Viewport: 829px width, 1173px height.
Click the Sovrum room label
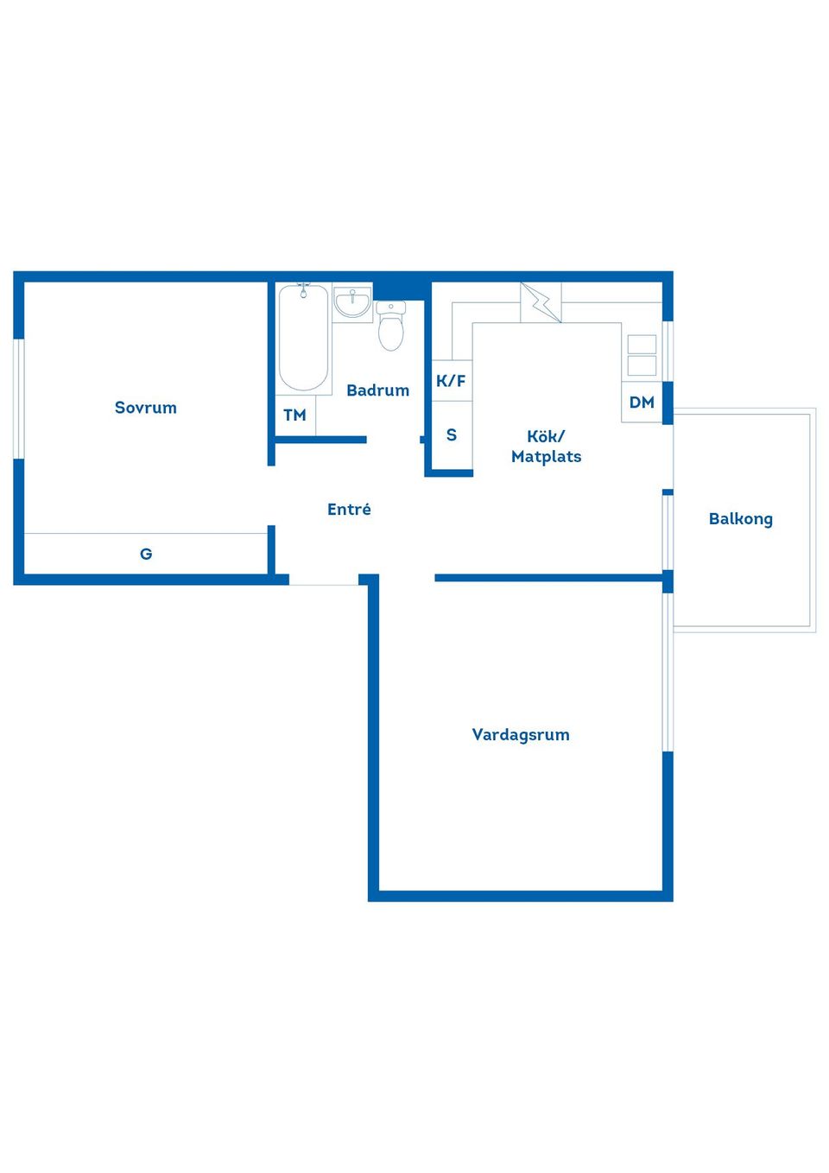[x=145, y=408]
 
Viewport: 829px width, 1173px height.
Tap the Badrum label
[x=378, y=390]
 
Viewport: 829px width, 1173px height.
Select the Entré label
[x=349, y=509]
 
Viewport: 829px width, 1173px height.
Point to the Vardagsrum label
[x=521, y=735]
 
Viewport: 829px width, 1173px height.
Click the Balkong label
[x=741, y=519]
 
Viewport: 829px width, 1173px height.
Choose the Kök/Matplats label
[x=547, y=447]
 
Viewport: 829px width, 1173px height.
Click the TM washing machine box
[x=295, y=415]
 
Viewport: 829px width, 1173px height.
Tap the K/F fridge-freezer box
[x=452, y=381]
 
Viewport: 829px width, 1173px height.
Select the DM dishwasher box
[x=642, y=403]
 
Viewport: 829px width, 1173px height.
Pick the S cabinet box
[x=452, y=435]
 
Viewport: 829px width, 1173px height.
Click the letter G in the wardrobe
[x=146, y=554]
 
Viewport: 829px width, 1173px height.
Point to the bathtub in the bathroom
[x=304, y=338]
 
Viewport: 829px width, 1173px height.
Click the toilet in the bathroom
[x=391, y=326]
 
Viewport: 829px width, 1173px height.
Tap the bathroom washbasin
[x=352, y=302]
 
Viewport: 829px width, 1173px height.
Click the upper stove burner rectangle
[x=642, y=345]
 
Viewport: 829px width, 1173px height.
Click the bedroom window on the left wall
[x=19, y=399]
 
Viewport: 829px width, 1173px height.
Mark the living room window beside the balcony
[x=668, y=672]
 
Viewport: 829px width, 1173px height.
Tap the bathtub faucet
[x=304, y=289]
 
